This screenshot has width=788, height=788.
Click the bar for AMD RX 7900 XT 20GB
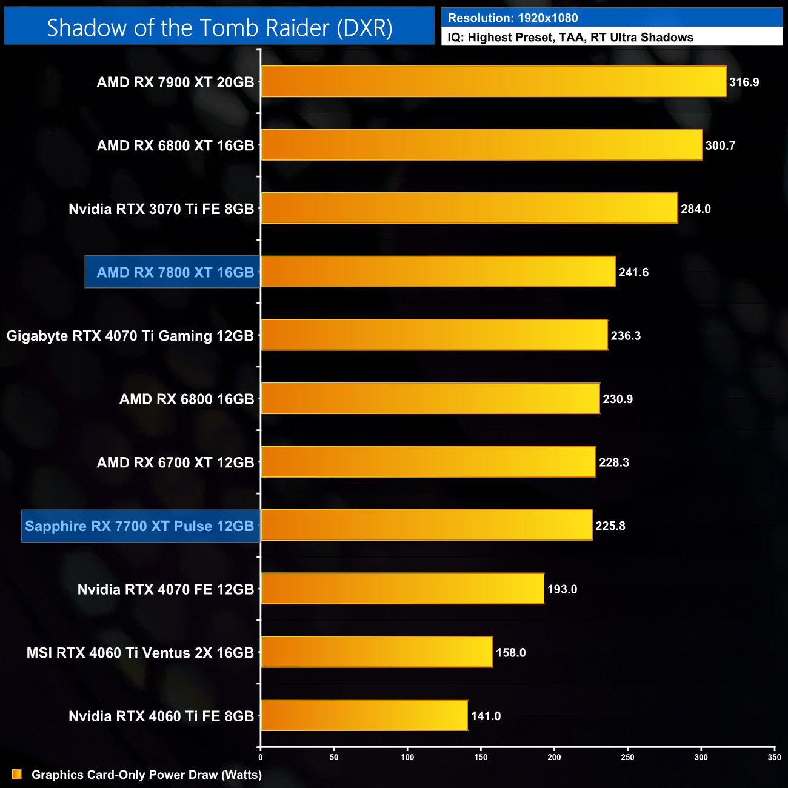coord(493,81)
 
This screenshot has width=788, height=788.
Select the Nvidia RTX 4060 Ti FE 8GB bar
coord(364,715)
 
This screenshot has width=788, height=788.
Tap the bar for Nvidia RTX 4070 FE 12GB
coord(402,589)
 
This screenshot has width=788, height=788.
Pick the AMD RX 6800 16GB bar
coord(430,398)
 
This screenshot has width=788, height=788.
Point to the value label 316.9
coord(744,82)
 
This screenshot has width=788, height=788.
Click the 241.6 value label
coord(633,273)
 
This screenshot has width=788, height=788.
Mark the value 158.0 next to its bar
coord(510,653)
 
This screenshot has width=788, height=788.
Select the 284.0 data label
coord(695,209)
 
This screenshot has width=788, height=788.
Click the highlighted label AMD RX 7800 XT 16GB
coord(175,272)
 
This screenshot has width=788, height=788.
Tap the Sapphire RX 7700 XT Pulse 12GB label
coord(139,526)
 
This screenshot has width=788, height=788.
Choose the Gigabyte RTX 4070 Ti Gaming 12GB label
coord(130,336)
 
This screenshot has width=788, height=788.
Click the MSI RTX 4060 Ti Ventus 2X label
coord(140,653)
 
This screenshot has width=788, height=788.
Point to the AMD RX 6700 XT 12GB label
coord(175,462)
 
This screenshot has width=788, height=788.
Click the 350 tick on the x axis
coord(774,757)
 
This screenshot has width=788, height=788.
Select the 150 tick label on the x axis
coord(481,757)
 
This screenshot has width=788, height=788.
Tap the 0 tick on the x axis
coord(261,757)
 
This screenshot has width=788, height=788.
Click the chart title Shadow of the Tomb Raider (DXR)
coord(219,28)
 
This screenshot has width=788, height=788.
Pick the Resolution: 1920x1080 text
coord(513,18)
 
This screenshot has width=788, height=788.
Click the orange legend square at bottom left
coord(17,774)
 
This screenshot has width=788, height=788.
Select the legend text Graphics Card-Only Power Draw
coord(146,775)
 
